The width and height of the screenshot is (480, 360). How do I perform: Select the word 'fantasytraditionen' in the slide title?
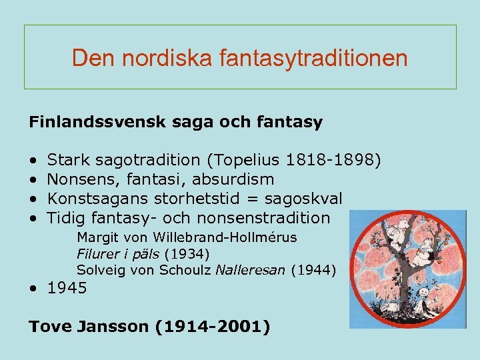[313, 58]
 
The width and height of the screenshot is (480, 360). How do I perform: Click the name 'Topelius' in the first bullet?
[247, 160]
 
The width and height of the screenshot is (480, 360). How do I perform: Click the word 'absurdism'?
[241, 179]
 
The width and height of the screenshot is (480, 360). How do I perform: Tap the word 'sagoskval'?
[303, 199]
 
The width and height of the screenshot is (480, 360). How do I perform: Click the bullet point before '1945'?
[33, 289]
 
